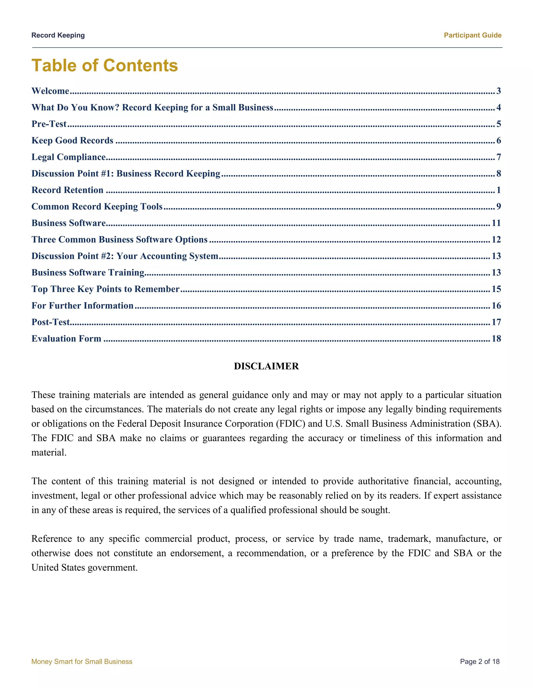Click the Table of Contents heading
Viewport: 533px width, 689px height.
coord(105,65)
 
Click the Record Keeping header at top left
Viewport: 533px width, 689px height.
coord(58,35)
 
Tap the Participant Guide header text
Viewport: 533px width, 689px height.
coord(472,35)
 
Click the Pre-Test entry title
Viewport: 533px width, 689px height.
coord(49,124)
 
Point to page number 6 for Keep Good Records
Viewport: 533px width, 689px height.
coord(499,140)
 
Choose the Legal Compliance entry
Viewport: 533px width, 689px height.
coord(68,157)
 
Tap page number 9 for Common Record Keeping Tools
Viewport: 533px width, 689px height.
coord(499,206)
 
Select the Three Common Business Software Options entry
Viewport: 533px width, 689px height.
coord(119,239)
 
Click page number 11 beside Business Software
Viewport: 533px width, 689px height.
coord(496,223)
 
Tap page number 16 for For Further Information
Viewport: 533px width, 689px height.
coord(496,305)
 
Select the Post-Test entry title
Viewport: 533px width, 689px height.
coord(50,322)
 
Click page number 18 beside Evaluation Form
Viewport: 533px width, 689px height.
coord(496,339)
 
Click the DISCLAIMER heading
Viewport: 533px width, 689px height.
coord(266,366)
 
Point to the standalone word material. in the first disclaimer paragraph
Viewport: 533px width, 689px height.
coord(49,452)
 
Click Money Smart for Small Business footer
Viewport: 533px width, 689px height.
coord(82,661)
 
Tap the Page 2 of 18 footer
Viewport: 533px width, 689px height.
coord(480,661)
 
